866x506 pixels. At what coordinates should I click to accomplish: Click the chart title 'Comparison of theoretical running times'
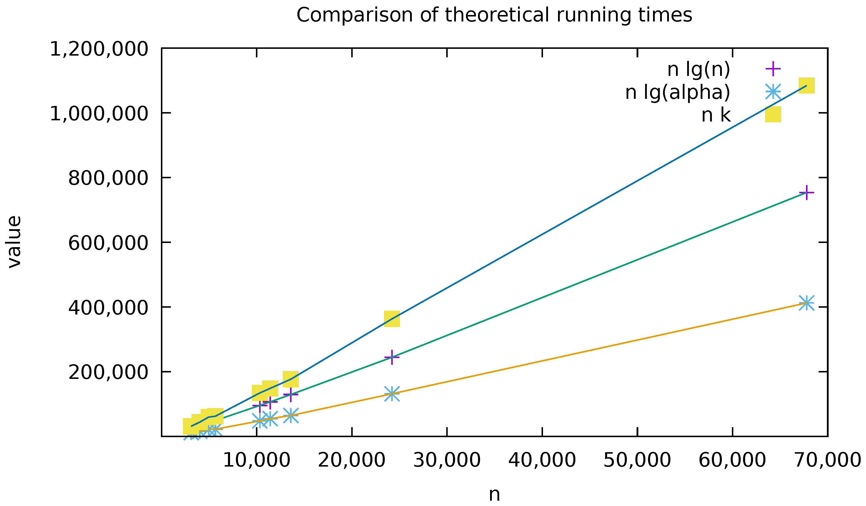494,16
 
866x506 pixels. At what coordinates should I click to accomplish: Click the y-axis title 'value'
14,242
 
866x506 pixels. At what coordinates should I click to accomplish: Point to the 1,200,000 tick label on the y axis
99,49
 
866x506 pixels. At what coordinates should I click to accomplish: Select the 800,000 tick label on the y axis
108,178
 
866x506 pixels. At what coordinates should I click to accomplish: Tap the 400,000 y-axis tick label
108,308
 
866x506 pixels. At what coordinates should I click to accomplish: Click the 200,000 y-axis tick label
108,372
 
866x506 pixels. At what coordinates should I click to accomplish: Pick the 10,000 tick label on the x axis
257,460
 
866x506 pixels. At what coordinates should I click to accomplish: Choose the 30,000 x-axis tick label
447,460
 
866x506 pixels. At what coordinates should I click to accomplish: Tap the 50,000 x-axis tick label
637,460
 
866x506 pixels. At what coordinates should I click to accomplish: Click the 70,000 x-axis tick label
827,460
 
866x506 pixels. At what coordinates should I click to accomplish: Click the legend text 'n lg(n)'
699,69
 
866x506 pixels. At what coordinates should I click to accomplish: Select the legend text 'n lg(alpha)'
677,92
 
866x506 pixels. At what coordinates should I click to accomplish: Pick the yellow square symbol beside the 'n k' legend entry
773,114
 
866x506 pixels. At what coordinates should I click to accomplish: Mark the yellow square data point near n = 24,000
392,319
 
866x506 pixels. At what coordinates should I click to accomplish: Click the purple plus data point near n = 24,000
392,357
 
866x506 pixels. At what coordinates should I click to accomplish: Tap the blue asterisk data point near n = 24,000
392,394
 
